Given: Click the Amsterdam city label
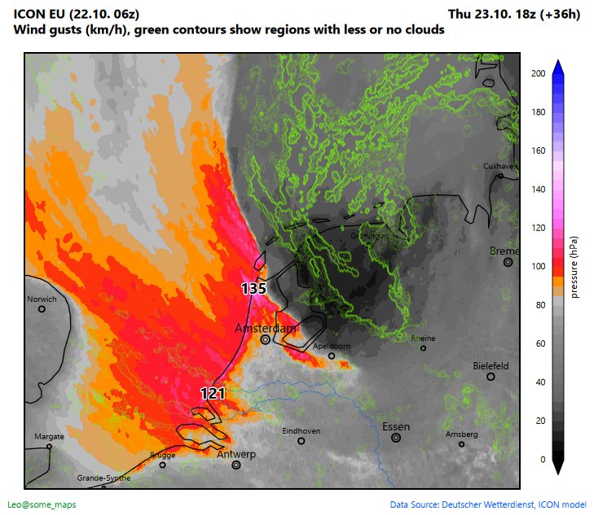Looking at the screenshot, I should [265, 328].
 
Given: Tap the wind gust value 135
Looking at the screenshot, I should [254, 288].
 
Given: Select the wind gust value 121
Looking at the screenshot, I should [213, 393].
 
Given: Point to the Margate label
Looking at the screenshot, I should [49, 437].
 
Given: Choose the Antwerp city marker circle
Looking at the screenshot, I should [236, 465].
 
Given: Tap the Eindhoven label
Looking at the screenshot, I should [301, 431].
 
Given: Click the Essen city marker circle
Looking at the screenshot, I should [396, 438].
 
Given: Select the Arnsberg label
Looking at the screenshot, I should [461, 434].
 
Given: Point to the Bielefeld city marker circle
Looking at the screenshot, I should [491, 377].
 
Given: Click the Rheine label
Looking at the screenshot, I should [424, 338].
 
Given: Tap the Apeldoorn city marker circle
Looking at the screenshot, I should [332, 356].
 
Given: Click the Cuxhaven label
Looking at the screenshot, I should [500, 166].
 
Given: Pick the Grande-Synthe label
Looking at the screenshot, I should [103, 478].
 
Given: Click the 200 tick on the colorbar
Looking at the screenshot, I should [538, 73].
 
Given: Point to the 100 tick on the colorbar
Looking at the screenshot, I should [538, 267].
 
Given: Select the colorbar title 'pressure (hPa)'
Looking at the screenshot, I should [574, 267].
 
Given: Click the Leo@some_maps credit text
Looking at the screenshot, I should [42, 504].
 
